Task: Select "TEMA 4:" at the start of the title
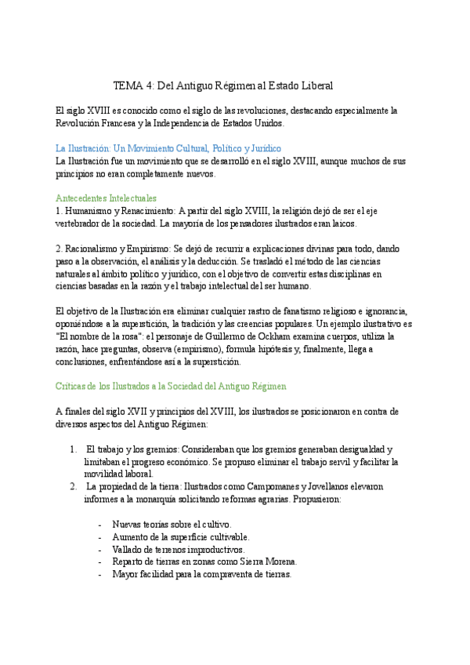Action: (x=134, y=85)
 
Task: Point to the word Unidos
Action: (x=268, y=123)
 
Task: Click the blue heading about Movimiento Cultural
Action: (x=168, y=148)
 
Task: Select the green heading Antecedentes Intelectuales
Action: (x=107, y=198)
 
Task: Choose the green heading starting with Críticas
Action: (x=171, y=387)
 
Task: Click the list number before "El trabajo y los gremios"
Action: (x=73, y=449)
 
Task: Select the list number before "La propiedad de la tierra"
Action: (x=73, y=487)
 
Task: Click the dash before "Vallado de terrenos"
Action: (x=100, y=550)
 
